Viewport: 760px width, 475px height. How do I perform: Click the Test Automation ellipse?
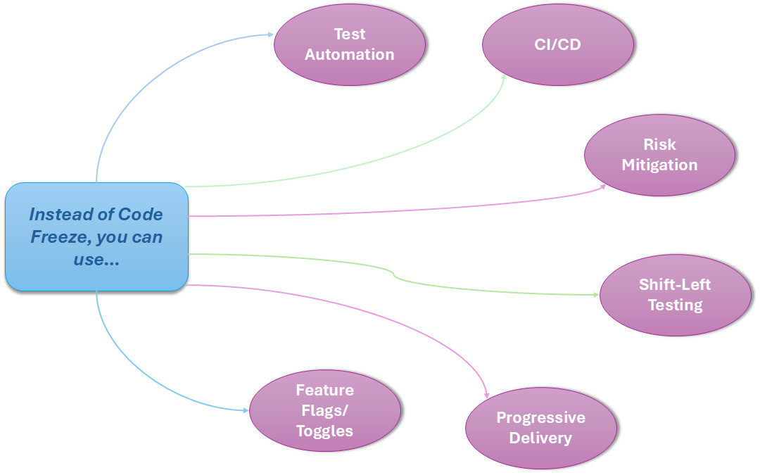[x=350, y=44]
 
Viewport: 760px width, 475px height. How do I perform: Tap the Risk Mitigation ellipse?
[x=659, y=155]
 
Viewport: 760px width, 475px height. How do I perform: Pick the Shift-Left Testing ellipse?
[x=675, y=295]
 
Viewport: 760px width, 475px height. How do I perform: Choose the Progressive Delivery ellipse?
[x=540, y=428]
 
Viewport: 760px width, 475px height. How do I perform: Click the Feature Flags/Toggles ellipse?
[x=325, y=410]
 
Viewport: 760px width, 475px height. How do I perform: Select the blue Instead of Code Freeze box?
[x=96, y=236]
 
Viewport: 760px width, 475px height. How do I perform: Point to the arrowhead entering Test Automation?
[x=270, y=34]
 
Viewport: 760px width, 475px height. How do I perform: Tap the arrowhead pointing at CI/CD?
[x=504, y=77]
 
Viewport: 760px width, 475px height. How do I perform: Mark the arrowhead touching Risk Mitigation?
[x=603, y=186]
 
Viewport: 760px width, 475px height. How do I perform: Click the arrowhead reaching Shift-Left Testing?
[x=595, y=294]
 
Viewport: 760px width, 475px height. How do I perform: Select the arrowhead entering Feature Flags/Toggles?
[x=246, y=410]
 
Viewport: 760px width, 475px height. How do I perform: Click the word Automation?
[x=350, y=54]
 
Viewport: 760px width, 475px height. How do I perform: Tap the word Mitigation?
[x=659, y=165]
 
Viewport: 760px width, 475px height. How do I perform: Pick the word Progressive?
[x=540, y=417]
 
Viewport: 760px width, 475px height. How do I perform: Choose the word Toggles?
[x=324, y=431]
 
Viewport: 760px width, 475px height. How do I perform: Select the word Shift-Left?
[x=675, y=284]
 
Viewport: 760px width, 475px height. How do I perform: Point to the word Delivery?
[x=540, y=438]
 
